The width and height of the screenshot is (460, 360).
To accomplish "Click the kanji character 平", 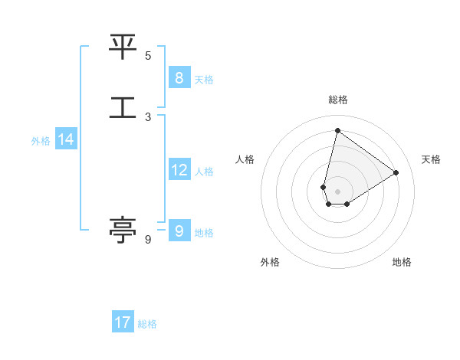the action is tap(123, 47).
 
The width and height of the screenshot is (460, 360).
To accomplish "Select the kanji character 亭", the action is tap(123, 230).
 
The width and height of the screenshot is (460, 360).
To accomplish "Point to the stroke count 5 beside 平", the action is tap(148, 55).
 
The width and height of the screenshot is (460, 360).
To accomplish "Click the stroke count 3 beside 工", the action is tap(148, 117).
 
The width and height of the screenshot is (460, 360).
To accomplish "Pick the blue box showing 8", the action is tap(179, 77).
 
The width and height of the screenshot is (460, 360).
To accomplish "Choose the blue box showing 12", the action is tap(179, 170).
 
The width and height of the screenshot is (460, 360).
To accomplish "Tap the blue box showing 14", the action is tap(66, 139).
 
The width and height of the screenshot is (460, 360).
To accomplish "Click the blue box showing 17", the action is tap(123, 322).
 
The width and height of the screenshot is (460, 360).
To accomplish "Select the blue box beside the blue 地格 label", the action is tap(179, 231).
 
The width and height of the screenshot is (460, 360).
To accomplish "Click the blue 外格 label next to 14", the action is tap(41, 141).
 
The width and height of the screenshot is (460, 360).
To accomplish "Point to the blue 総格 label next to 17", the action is tap(147, 324).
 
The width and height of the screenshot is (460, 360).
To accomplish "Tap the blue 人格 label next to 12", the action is tap(204, 172).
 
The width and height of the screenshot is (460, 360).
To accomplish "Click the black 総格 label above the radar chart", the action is tap(337, 100).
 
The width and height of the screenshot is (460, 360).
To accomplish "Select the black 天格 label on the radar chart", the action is tap(431, 159).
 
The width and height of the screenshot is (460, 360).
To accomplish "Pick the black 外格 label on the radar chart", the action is tap(270, 262).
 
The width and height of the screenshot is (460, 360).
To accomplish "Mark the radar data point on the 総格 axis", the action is tap(337, 130).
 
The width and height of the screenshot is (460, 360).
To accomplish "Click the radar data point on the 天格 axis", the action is tap(396, 172).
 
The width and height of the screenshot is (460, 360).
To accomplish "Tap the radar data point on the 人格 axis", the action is tap(324, 187).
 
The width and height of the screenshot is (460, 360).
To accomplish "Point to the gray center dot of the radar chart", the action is tap(337, 191).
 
